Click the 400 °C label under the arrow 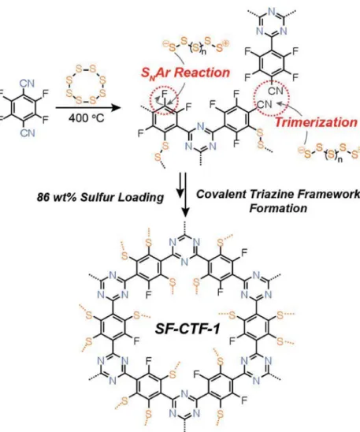(87, 118)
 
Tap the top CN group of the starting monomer (27, 84)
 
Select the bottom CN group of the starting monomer (28, 133)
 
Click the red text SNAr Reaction (185, 73)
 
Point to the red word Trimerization (316, 122)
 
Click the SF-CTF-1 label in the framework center (187, 328)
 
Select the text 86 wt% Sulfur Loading (100, 198)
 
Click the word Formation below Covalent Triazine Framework (278, 208)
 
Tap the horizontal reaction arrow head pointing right (117, 107)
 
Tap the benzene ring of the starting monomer (24, 108)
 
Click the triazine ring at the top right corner (271, 23)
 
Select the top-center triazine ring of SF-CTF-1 (184, 250)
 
